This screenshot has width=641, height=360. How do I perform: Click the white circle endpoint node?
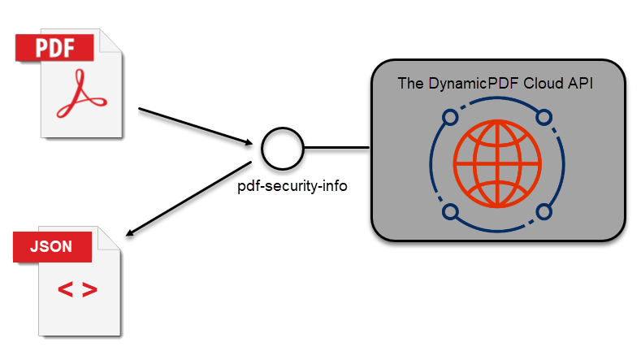[283, 148]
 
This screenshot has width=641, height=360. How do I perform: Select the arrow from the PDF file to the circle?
[195, 126]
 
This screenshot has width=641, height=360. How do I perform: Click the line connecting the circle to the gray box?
[337, 148]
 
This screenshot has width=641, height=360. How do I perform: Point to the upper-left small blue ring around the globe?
[449, 118]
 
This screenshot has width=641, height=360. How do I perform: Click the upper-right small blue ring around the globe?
[544, 117]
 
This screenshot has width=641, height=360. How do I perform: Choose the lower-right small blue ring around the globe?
[544, 212]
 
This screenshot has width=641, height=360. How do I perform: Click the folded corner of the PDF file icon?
[111, 43]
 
